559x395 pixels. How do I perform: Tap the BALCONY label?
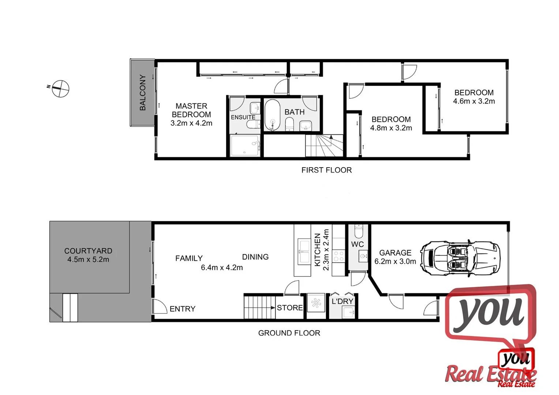click(143, 93)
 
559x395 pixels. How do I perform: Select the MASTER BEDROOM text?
click(191, 110)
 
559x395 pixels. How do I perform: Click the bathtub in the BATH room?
click(272, 115)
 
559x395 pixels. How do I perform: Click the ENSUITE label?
click(243, 117)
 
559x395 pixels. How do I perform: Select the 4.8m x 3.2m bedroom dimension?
click(391, 128)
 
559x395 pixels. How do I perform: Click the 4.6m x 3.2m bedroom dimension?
click(474, 101)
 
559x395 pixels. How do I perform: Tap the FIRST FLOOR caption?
click(326, 170)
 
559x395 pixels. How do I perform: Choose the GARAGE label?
click(395, 253)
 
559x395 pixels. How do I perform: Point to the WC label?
click(357, 244)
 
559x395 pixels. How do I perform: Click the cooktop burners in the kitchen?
click(339, 256)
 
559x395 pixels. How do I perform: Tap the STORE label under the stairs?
click(290, 308)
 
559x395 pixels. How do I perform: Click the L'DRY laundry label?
click(342, 301)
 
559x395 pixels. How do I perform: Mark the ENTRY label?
click(183, 309)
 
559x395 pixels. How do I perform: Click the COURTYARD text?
click(88, 251)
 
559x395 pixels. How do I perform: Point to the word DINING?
click(255, 257)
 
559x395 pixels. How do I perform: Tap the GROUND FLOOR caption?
click(289, 333)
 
